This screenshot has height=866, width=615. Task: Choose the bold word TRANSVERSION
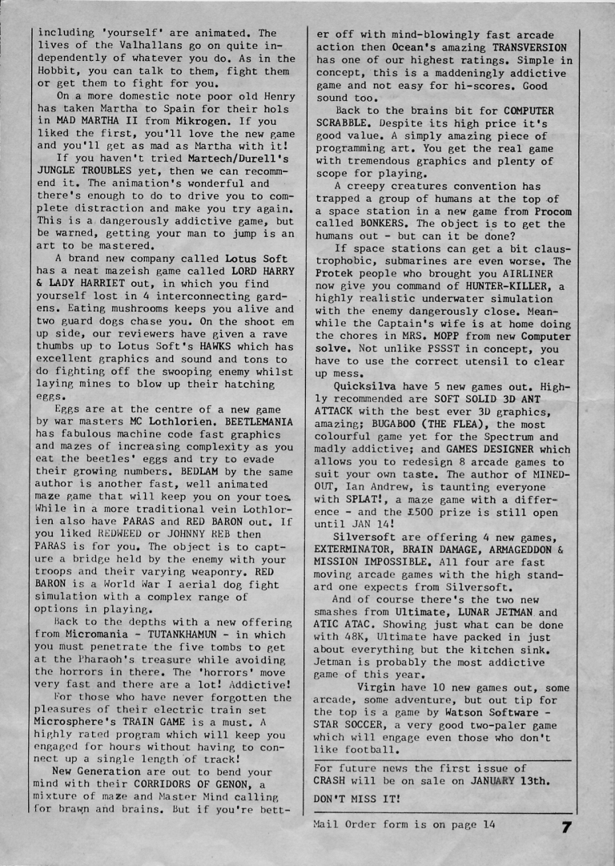point(524,47)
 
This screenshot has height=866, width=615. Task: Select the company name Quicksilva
point(366,385)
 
